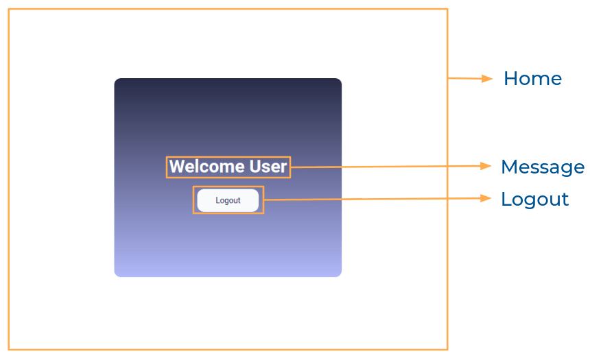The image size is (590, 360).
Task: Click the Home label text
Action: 532,79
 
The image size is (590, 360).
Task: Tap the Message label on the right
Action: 542,167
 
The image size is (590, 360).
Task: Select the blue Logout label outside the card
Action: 534,200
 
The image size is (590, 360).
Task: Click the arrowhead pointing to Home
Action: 488,79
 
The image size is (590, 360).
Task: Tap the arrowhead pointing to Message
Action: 487,166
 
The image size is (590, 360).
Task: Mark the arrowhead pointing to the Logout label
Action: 487,198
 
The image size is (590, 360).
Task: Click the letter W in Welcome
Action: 176,167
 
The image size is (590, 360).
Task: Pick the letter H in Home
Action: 510,79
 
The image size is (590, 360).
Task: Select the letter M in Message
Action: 509,167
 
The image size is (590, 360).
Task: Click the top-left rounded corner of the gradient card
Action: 117,81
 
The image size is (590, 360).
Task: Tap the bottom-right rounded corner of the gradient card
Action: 339,274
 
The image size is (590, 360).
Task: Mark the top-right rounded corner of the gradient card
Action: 339,81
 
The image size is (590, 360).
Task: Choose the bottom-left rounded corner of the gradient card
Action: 117,274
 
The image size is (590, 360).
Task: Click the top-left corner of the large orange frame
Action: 9,10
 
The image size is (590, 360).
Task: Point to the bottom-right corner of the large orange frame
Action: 447,350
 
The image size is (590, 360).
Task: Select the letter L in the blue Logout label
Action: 506,200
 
